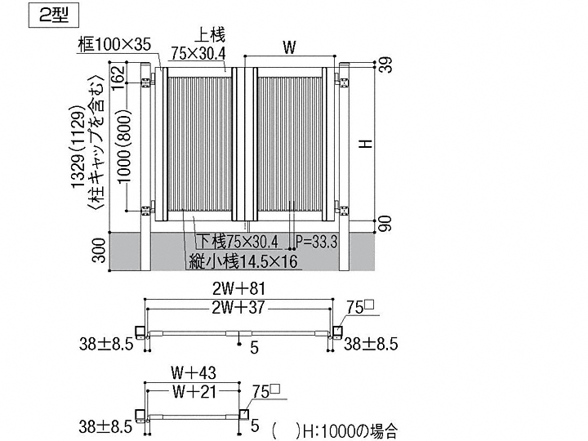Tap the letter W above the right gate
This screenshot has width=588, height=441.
[x=288, y=48]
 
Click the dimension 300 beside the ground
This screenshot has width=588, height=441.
[x=99, y=252]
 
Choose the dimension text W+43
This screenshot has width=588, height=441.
[x=193, y=372]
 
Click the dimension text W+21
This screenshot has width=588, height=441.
[x=193, y=391]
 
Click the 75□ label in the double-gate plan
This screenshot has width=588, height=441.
[x=360, y=307]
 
